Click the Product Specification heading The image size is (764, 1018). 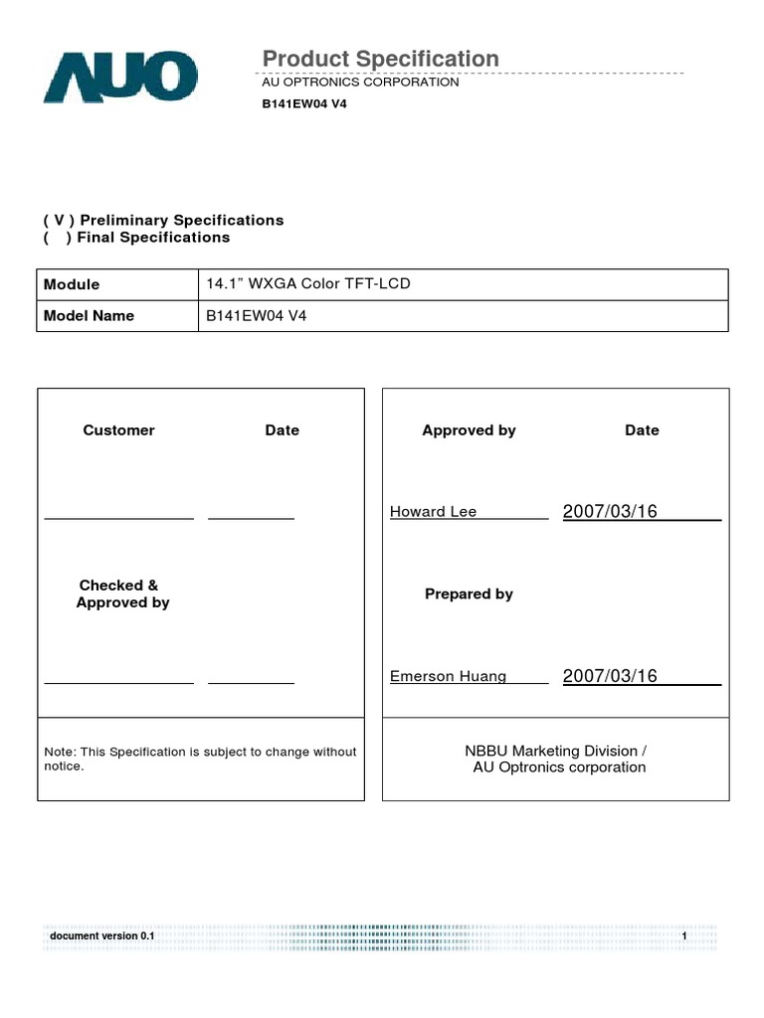tap(380, 59)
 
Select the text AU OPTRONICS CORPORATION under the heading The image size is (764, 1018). tap(359, 83)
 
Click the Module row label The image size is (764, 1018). tap(72, 284)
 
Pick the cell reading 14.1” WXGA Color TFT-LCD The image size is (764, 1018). tap(307, 283)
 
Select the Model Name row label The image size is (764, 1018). tap(89, 315)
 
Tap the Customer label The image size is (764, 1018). tap(118, 430)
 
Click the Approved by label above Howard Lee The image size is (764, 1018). tap(469, 430)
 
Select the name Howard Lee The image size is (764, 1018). tap(433, 512)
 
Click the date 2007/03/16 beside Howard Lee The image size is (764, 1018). tap(610, 512)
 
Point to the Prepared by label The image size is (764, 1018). tap(469, 594)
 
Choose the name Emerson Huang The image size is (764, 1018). tap(448, 677)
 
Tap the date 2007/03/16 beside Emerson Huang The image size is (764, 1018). tap(610, 676)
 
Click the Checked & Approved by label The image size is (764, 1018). tap(121, 594)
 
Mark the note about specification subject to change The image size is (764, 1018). tap(200, 759)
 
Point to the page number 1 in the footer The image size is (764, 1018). tap(684, 937)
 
